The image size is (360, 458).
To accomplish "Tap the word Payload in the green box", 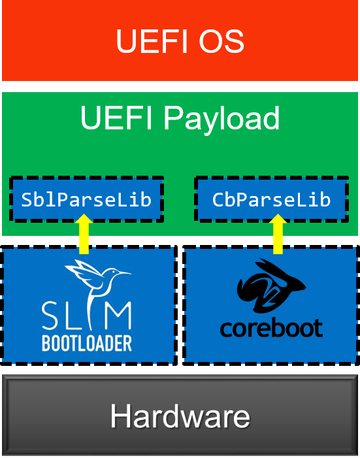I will (222, 119).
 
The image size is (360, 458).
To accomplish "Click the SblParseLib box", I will (86, 199).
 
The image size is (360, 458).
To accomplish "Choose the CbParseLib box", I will (271, 199).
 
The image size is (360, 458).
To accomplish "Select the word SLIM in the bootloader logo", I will (86, 316).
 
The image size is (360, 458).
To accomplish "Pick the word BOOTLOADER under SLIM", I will (87, 342).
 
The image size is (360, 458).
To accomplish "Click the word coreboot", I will (271, 327).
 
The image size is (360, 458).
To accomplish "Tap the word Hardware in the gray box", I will (180, 416).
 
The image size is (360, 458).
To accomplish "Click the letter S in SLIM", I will (52, 316).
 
